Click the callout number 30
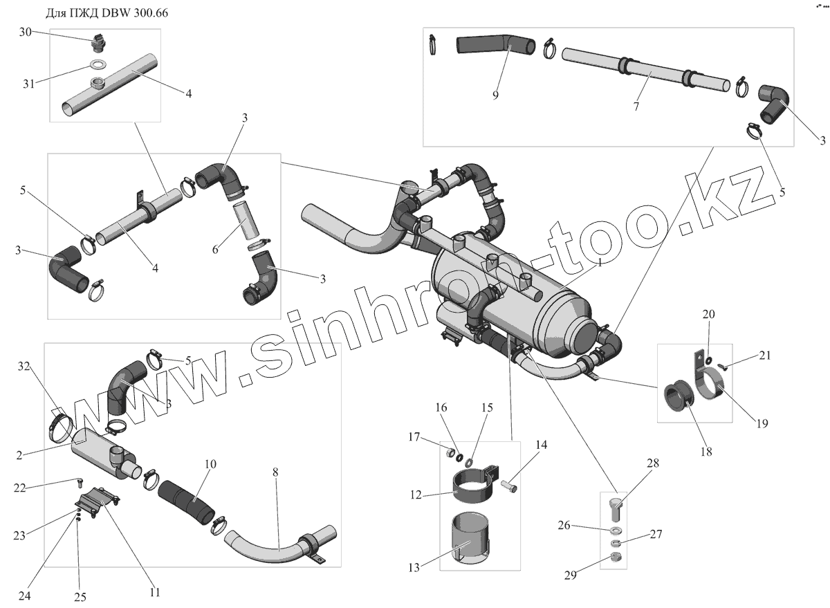click(x=26, y=32)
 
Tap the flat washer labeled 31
click(x=98, y=66)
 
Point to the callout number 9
click(x=495, y=95)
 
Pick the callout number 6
click(x=215, y=249)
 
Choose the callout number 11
click(x=154, y=592)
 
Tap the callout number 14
click(x=540, y=445)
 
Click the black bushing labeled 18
click(x=677, y=401)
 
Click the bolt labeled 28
click(x=616, y=510)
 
